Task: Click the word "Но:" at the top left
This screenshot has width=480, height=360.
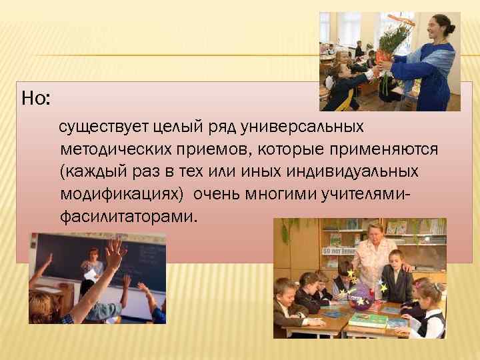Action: click(x=35, y=99)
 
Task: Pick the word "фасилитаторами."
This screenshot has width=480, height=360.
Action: click(x=129, y=217)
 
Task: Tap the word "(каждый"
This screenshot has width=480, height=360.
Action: click(x=91, y=171)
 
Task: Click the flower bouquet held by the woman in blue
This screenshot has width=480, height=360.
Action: click(x=393, y=40)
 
